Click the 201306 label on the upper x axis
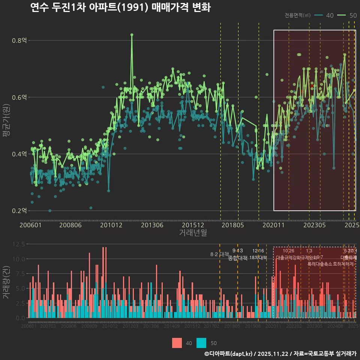(152, 225)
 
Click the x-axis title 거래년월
(193, 233)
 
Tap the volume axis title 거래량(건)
(6, 282)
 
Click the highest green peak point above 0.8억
(132, 34)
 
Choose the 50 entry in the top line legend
(348, 15)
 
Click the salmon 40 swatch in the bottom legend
(177, 343)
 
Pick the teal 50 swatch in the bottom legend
(201, 343)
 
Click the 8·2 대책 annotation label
(219, 254)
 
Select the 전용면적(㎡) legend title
(297, 15)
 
